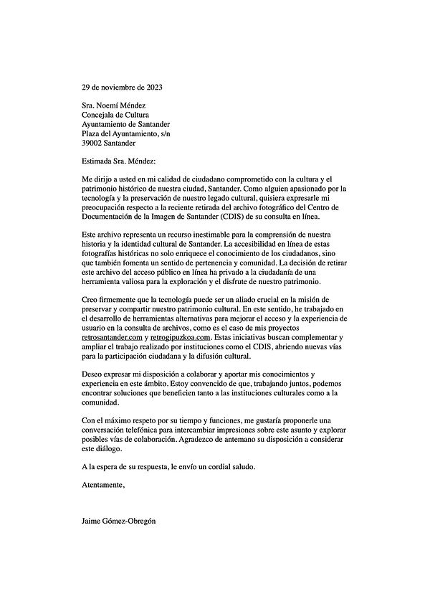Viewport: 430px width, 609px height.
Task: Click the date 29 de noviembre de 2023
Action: [122, 88]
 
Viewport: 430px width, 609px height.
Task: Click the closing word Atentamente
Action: [103, 485]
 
